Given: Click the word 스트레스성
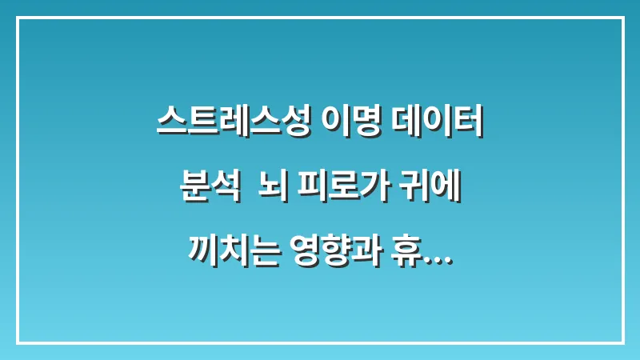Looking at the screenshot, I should point(233,124).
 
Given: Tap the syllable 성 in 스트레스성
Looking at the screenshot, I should point(294,124).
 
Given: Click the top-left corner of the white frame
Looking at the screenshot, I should point(17,18).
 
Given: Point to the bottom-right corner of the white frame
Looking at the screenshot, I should point(622,342).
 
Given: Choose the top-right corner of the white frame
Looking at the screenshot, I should point(622,18).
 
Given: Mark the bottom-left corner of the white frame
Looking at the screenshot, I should point(17,342).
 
